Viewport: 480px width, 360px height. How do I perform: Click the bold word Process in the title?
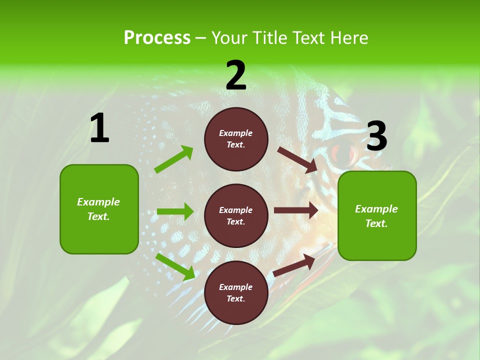point(157,38)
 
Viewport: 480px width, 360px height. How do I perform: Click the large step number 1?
point(99,128)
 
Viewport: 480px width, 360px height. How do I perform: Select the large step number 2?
point(236,75)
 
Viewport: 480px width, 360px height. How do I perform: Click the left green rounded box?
point(99,209)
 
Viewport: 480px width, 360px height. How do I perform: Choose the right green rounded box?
point(377,215)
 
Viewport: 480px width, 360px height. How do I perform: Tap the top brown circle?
point(236,139)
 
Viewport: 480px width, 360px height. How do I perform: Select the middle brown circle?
point(236,215)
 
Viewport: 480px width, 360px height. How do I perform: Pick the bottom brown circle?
point(236,292)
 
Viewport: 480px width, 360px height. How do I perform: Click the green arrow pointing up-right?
point(174,159)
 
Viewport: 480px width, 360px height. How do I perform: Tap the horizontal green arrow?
point(175,211)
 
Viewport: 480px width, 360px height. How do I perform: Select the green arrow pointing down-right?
point(175,266)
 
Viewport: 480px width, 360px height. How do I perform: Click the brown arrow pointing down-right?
point(297,159)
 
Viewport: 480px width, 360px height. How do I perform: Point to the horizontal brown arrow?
point(296,210)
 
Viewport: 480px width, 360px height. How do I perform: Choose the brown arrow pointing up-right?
point(294,265)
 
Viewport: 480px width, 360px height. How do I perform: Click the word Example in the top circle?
point(236,133)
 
